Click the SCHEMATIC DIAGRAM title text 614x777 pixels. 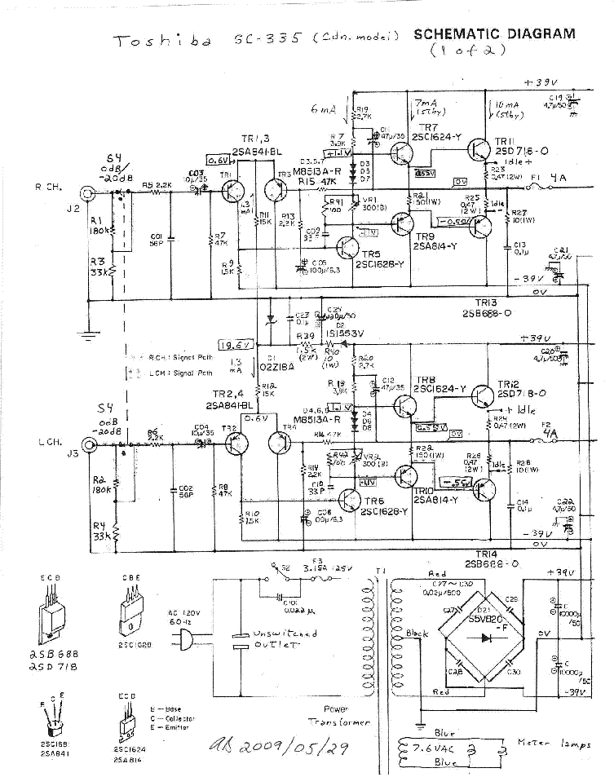click(494, 34)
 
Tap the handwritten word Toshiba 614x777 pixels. click(161, 42)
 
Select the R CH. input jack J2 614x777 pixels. click(85, 193)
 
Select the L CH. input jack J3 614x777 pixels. click(85, 445)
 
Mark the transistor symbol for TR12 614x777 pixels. click(482, 400)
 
